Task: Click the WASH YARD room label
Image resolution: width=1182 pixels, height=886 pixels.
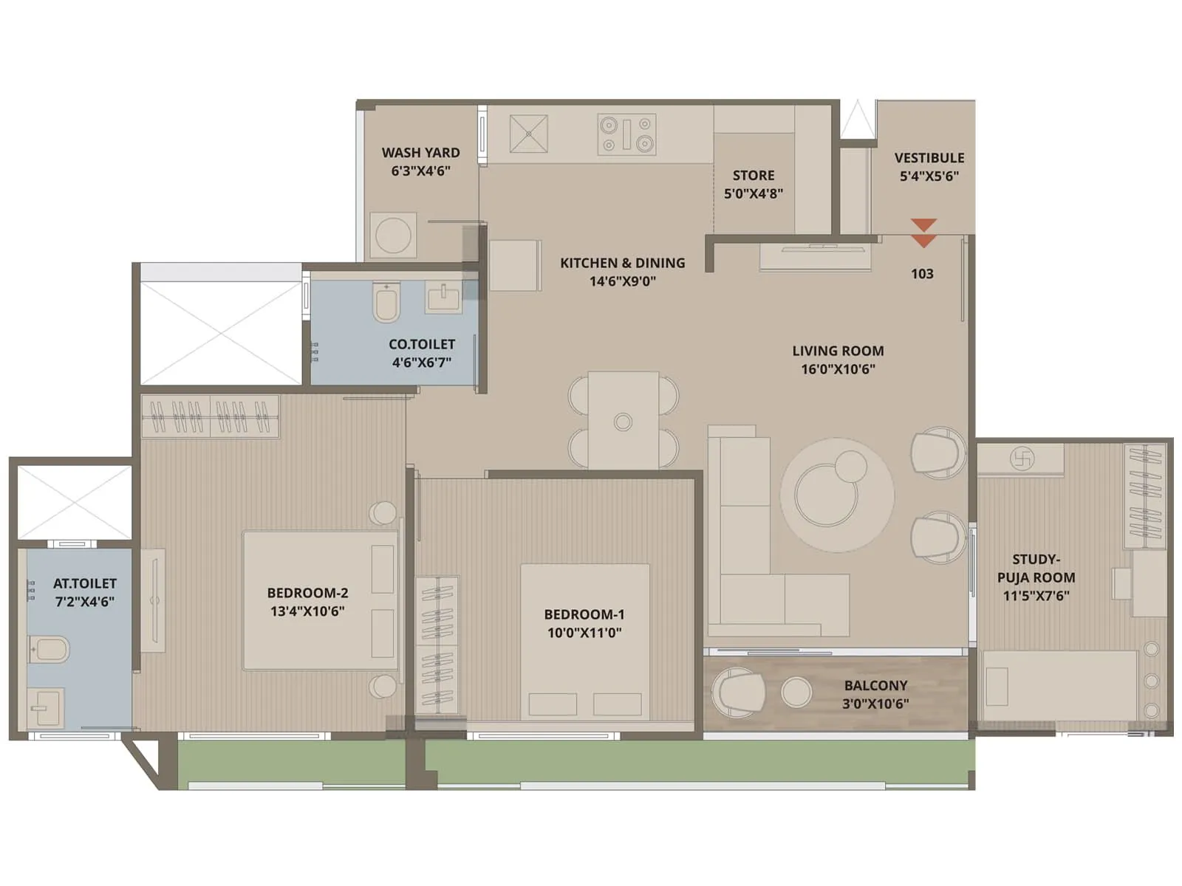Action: click(420, 153)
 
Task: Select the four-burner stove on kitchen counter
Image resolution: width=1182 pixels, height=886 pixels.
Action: click(626, 134)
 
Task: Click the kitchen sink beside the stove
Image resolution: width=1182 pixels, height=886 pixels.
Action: click(529, 134)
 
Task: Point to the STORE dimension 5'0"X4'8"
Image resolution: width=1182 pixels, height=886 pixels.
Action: click(753, 193)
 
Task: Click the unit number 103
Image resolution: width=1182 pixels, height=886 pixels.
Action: click(922, 274)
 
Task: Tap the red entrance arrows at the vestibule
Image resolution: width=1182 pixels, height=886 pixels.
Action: click(923, 233)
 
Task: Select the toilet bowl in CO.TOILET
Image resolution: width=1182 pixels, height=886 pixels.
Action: click(386, 303)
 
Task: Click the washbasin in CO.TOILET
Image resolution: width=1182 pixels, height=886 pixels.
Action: click(443, 299)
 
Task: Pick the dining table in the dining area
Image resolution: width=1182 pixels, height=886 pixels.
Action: click(623, 419)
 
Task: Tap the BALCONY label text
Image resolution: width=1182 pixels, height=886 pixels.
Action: click(875, 685)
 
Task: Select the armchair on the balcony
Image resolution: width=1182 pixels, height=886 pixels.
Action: click(737, 693)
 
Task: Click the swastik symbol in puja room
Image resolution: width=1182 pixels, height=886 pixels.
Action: click(1022, 459)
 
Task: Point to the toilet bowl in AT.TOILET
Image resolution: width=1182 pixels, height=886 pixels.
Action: click(49, 650)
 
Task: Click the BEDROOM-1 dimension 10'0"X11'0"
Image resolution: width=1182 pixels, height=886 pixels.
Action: click(584, 633)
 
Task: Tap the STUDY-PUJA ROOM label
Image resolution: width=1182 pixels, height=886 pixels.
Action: click(1036, 569)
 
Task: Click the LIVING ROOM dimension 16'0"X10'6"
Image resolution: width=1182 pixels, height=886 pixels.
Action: click(838, 369)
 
